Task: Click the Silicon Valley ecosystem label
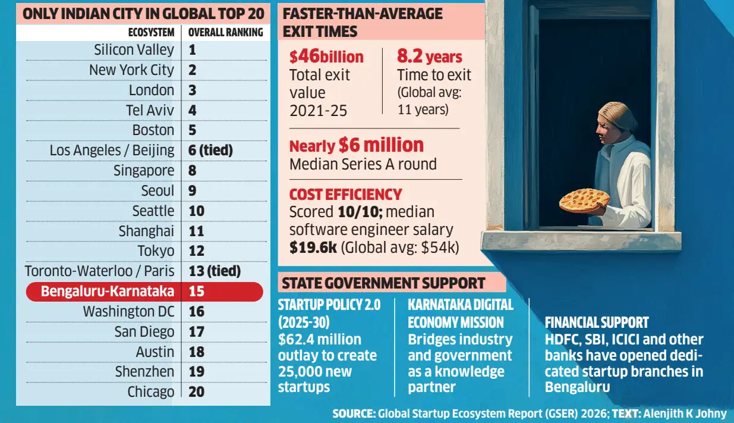click(134, 50)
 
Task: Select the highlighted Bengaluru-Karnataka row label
click(108, 291)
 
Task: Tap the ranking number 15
click(197, 291)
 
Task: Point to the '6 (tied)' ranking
click(210, 150)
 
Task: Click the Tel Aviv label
click(150, 110)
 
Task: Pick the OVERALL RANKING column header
click(225, 33)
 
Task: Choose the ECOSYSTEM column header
click(152, 33)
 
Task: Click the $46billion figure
click(326, 57)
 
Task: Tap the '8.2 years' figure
click(430, 57)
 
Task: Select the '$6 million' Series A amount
click(381, 145)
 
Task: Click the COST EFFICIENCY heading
click(345, 195)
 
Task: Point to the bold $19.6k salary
click(313, 247)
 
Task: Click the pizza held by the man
click(584, 200)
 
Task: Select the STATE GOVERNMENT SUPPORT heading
click(383, 283)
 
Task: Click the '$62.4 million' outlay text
click(320, 339)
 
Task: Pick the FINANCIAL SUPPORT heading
click(597, 322)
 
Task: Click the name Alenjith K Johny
click(685, 414)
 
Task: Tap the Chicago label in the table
click(151, 392)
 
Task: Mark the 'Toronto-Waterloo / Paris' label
click(100, 271)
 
